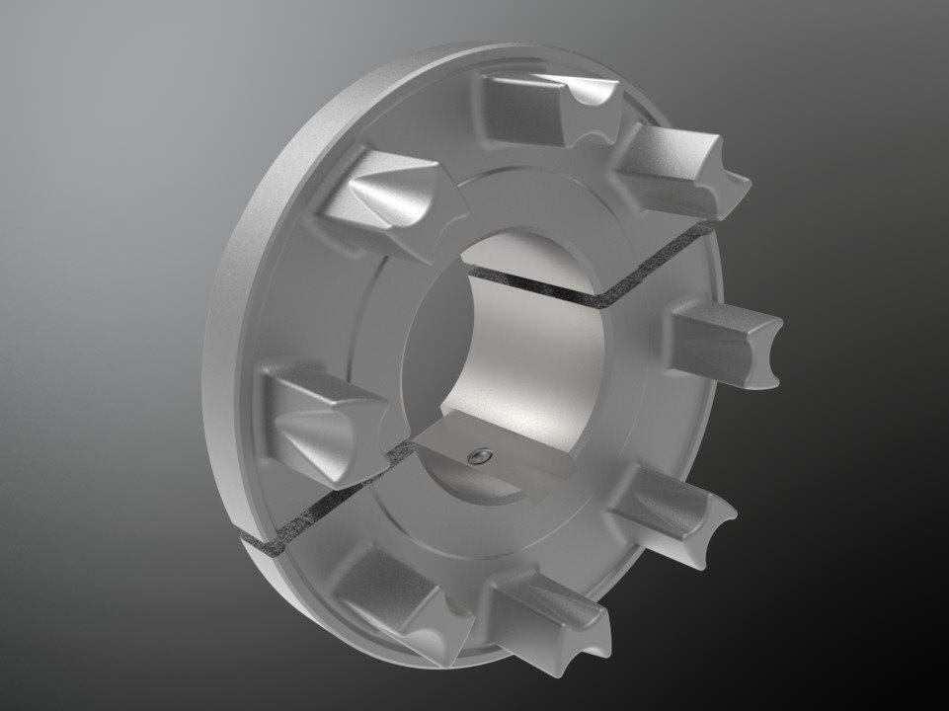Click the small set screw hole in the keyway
[480, 455]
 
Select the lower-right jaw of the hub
[672, 513]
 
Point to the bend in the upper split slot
[597, 296]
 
